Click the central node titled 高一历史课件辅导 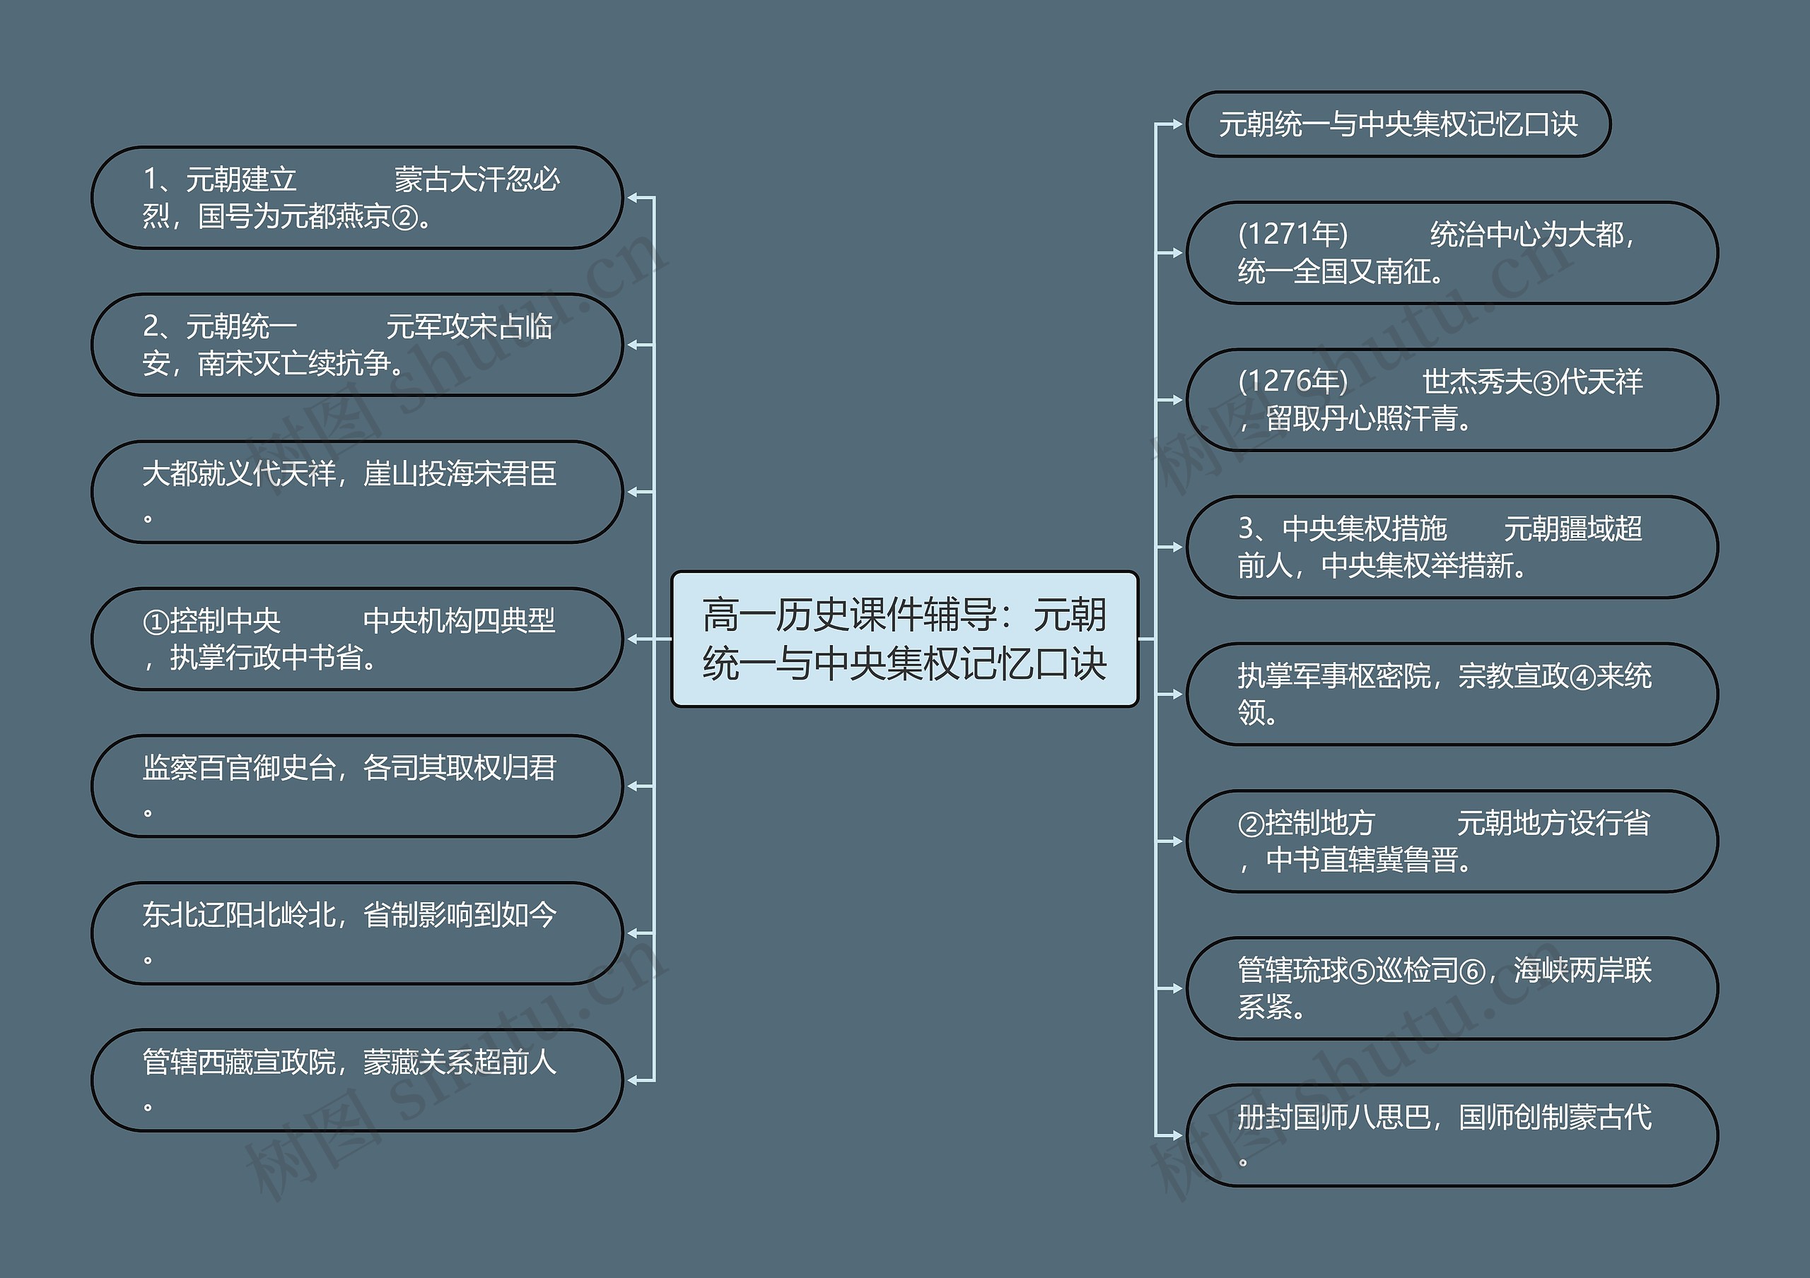904,639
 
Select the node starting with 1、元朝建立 357,198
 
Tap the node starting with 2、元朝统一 357,345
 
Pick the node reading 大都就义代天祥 357,492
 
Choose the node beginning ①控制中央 357,639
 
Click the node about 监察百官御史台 357,786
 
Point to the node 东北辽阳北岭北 357,933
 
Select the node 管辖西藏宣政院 357,1080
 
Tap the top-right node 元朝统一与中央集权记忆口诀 1398,124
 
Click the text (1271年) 1293,234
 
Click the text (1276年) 1293,381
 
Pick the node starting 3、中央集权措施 1452,547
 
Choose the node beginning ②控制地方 1452,841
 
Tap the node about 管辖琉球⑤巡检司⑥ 1452,988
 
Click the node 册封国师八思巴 1452,1135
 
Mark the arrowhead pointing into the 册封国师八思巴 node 1177,1135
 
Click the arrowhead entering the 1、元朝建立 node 633,198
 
